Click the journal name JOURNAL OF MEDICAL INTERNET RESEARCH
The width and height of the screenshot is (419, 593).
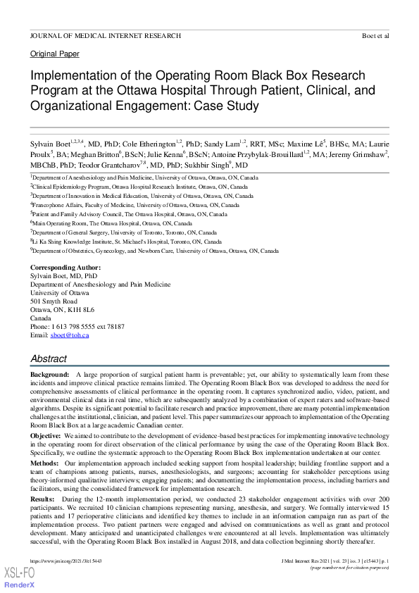(x=105, y=35)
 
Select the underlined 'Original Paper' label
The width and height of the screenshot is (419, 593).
(x=54, y=54)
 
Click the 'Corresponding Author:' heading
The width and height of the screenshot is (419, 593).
(x=65, y=268)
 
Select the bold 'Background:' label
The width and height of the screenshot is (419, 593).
(x=49, y=374)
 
